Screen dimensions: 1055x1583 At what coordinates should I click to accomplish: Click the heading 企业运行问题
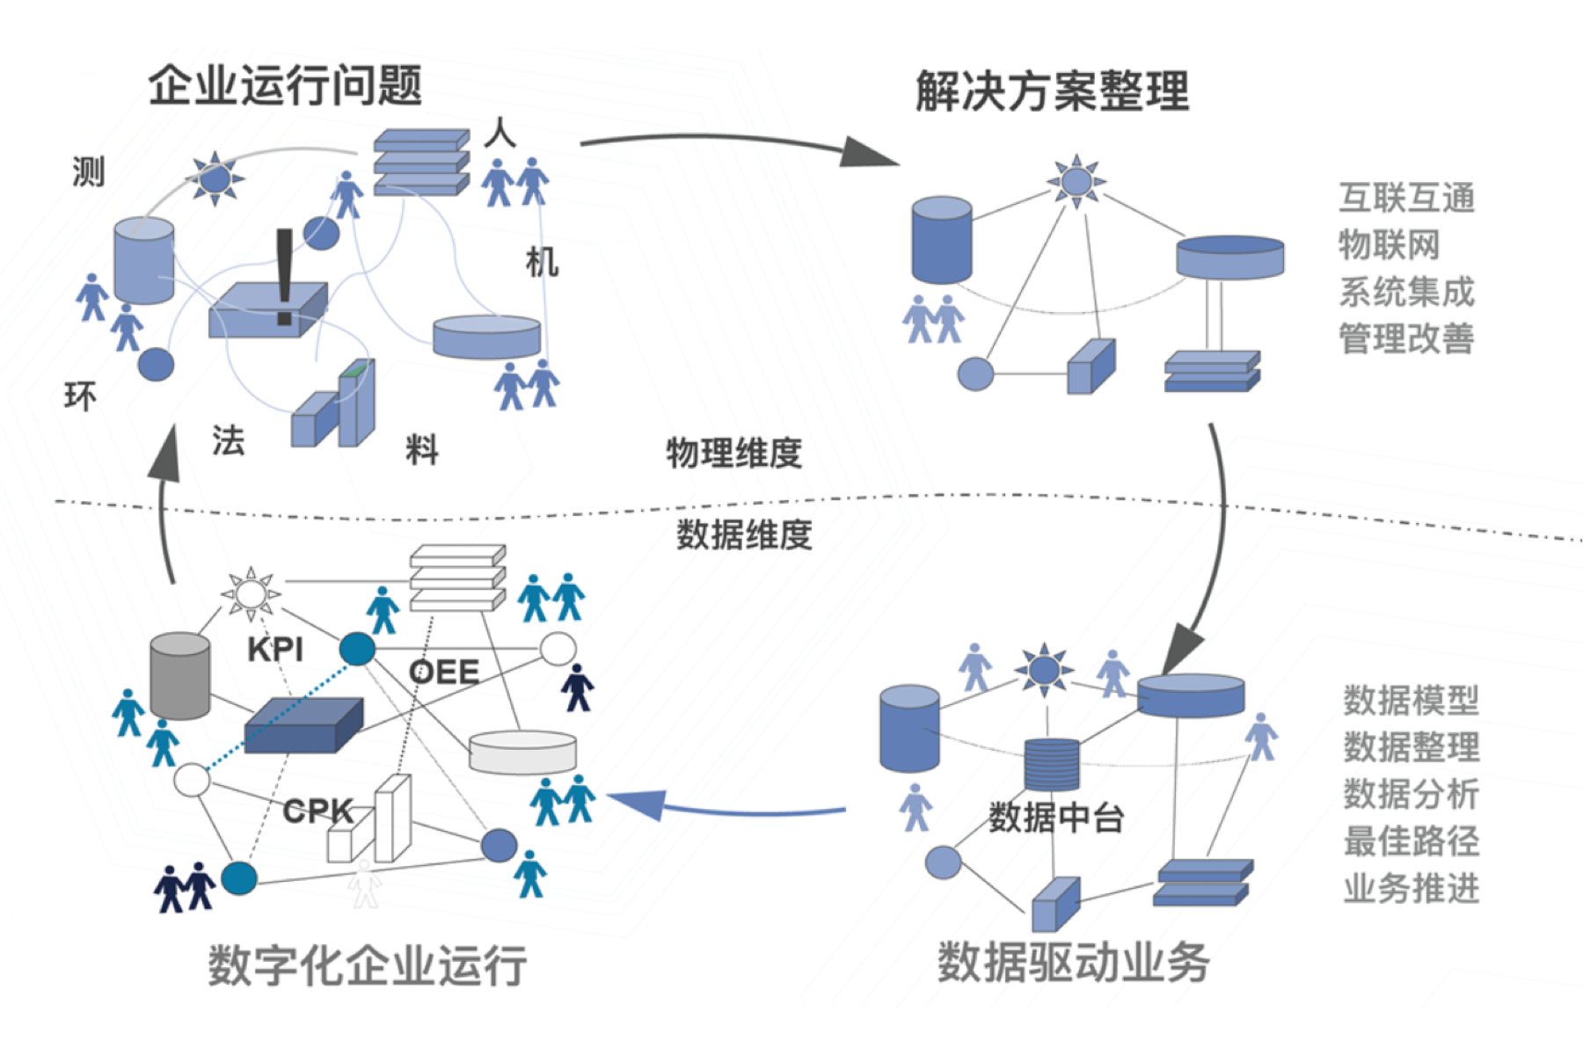point(285,86)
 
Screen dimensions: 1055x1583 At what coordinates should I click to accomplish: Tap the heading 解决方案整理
point(1052,91)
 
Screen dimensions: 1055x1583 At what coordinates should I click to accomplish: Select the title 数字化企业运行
point(368,964)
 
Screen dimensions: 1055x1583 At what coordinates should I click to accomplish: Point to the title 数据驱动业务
point(1074,961)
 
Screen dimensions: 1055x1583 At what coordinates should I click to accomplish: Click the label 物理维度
point(734,453)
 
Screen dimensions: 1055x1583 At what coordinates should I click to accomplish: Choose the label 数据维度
point(744,535)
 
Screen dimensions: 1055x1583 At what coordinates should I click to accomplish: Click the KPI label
point(275,650)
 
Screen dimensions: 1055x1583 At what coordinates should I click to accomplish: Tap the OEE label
point(444,673)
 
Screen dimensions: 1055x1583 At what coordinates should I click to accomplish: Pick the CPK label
point(317,811)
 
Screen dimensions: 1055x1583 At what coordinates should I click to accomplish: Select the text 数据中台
point(1056,818)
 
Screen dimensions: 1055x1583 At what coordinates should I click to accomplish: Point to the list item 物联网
point(1389,244)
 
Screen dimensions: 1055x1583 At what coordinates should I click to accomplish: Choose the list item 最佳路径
point(1412,841)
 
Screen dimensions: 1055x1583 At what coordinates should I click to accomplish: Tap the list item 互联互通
point(1406,198)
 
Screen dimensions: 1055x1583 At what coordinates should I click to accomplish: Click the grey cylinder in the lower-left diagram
point(180,675)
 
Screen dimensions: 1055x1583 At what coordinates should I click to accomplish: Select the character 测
point(88,171)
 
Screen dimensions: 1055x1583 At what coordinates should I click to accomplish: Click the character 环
point(80,397)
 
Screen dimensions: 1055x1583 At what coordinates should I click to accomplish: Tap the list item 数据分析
point(1412,794)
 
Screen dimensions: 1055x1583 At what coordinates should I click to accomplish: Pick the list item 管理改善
point(1406,338)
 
